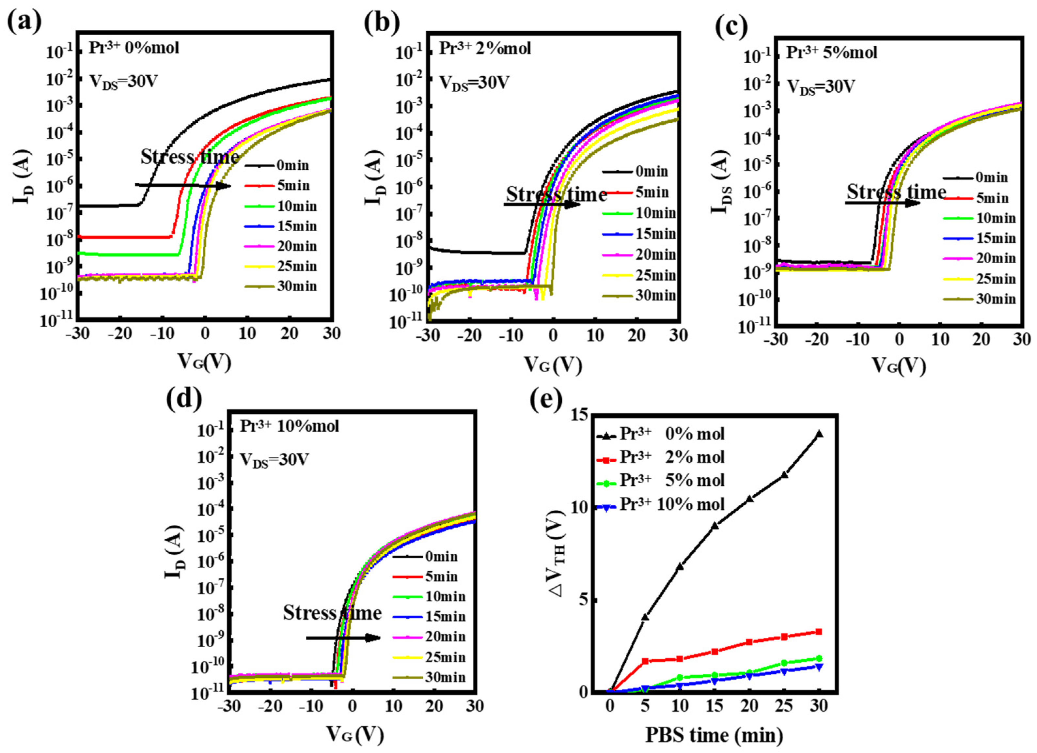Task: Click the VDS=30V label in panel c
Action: pos(821,86)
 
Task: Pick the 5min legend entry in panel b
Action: pos(652,192)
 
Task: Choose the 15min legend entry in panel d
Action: pos(445,616)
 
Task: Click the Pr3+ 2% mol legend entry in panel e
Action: pos(672,457)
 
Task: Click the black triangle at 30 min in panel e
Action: pos(819,434)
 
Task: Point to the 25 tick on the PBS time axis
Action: pos(784,706)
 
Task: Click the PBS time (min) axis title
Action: pos(714,735)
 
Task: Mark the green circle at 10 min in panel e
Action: pos(680,678)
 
